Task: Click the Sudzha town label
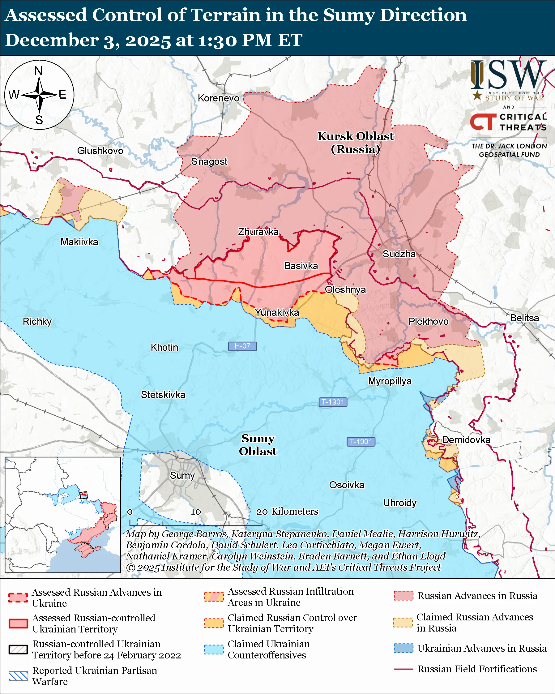pyautogui.click(x=399, y=254)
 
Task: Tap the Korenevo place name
pyautogui.click(x=218, y=98)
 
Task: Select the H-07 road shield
pyautogui.click(x=242, y=346)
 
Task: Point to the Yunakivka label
pyautogui.click(x=277, y=312)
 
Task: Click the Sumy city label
pyautogui.click(x=182, y=475)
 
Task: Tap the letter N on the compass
pyautogui.click(x=39, y=71)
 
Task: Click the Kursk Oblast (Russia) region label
pyautogui.click(x=356, y=143)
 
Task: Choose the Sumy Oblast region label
pyautogui.click(x=258, y=444)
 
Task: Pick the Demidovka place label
pyautogui.click(x=466, y=440)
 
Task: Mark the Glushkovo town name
pyautogui.click(x=100, y=151)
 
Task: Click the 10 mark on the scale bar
pyautogui.click(x=196, y=512)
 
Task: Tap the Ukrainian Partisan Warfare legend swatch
pyautogui.click(x=18, y=676)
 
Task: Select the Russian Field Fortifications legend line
pyautogui.click(x=403, y=669)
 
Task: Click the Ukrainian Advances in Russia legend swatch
pyautogui.click(x=403, y=648)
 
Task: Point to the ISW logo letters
pyautogui.click(x=508, y=76)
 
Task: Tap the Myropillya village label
pyautogui.click(x=390, y=381)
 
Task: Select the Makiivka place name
pyautogui.click(x=79, y=242)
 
